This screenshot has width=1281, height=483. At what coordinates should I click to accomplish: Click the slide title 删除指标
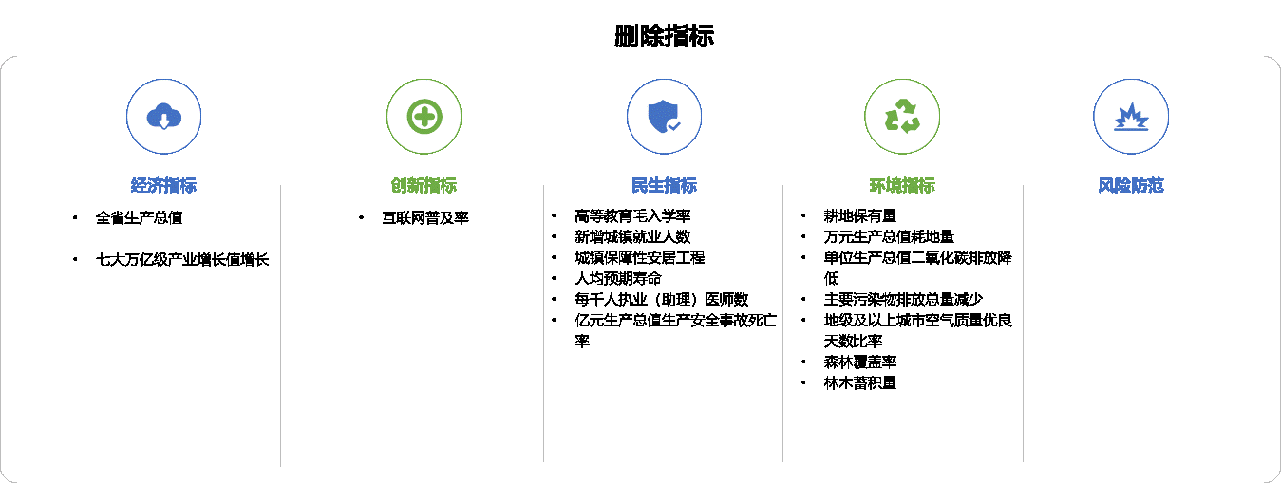(664, 35)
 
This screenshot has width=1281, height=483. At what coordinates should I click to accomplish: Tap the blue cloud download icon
(164, 117)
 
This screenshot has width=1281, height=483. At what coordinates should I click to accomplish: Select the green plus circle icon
(424, 117)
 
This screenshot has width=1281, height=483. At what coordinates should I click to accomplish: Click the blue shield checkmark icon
(664, 117)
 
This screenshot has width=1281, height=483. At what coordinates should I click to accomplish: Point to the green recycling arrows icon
(902, 116)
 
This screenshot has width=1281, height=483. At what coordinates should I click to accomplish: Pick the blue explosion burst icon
(1131, 117)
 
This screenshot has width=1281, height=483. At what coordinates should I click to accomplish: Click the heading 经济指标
(163, 185)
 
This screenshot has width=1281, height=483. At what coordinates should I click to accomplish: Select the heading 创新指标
(424, 185)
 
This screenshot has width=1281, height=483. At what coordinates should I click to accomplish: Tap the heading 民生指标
(664, 185)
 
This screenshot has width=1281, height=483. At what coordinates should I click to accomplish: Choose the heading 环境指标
(902, 185)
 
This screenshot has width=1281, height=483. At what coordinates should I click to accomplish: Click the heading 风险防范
(1131, 185)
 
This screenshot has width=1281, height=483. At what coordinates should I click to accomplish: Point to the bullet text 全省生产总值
(139, 218)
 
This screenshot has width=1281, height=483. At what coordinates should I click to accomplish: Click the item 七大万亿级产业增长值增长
(182, 260)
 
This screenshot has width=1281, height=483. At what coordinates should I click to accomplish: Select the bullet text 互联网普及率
(425, 218)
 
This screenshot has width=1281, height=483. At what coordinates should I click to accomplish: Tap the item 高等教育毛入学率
(632, 216)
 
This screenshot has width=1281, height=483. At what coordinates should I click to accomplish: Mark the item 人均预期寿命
(618, 278)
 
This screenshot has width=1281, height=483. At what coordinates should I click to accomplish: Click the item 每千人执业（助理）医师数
(662, 300)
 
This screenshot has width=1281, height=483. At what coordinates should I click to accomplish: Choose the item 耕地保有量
(860, 216)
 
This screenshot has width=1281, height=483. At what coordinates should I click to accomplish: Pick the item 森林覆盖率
(860, 362)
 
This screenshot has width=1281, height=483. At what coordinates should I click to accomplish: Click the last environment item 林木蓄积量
(860, 383)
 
